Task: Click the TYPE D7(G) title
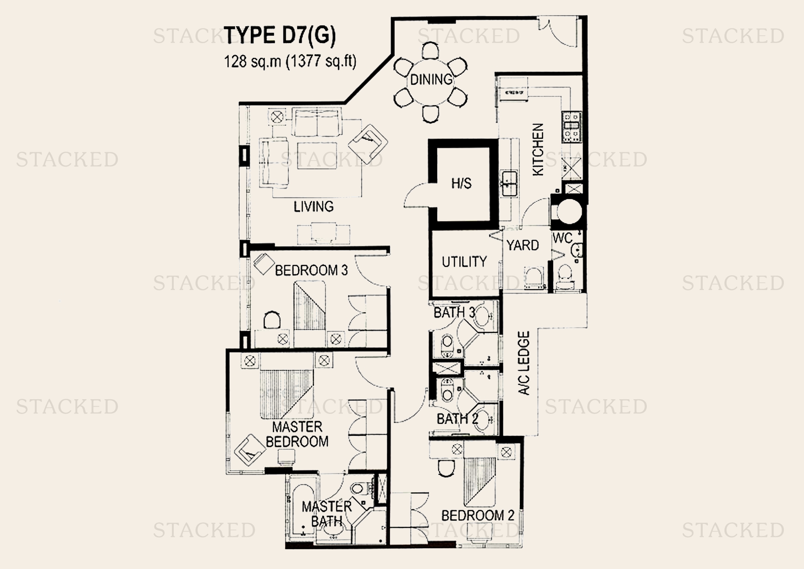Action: tap(280, 36)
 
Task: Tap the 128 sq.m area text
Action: tap(290, 61)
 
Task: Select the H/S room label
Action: tap(461, 184)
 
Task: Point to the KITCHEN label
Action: tap(538, 149)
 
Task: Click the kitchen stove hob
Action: tap(571, 127)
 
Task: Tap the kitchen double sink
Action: tap(508, 183)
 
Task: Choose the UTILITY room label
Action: tap(464, 262)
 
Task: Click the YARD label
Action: tap(523, 245)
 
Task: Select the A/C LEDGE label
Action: tap(524, 363)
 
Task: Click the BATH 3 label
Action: tap(454, 313)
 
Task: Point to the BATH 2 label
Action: tap(457, 419)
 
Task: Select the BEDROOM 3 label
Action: tap(311, 271)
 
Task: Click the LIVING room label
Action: tap(314, 206)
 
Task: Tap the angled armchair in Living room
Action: tap(368, 143)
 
